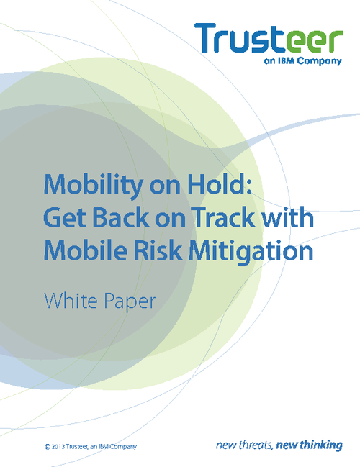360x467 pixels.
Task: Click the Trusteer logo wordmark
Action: point(269,38)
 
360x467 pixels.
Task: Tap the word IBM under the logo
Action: point(287,60)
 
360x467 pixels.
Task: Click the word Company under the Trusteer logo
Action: point(320,62)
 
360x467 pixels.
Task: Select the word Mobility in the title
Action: point(94,186)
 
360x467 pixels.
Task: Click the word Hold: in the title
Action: point(220,184)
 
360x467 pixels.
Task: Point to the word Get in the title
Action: point(66,217)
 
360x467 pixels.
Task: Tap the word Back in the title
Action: point(121,217)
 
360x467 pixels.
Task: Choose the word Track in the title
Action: point(222,217)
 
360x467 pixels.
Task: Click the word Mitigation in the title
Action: point(251,251)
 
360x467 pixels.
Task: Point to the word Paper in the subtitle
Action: point(130,302)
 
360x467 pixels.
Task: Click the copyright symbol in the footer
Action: point(47,447)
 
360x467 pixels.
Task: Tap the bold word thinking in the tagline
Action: point(321,445)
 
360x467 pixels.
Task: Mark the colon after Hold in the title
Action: point(249,187)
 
